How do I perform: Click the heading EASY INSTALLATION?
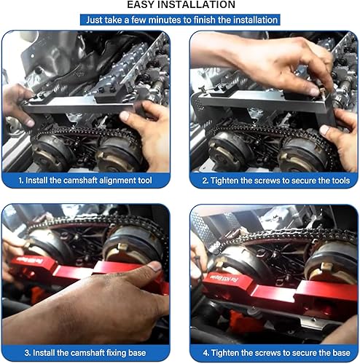(181, 5)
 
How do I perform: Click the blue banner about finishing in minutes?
(180, 20)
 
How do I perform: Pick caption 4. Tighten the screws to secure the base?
(275, 353)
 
